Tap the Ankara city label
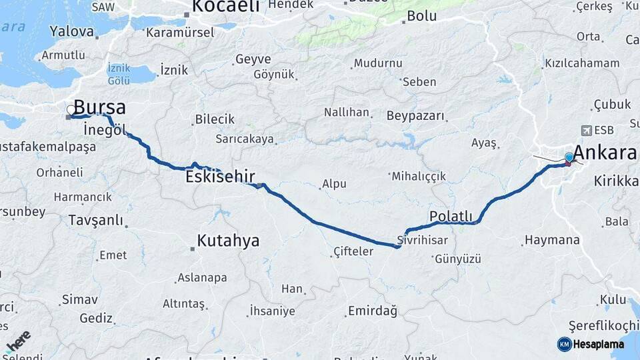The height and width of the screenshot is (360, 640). pyautogui.click(x=605, y=153)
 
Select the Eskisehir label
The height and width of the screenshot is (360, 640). pyautogui.click(x=221, y=177)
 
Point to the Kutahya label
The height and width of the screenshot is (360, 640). pyautogui.click(x=228, y=241)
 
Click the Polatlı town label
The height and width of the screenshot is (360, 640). pyautogui.click(x=451, y=216)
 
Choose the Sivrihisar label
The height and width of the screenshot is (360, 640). pyautogui.click(x=422, y=239)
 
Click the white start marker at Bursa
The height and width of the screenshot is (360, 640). pyautogui.click(x=71, y=109)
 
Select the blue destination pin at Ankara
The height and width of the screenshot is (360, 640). pyautogui.click(x=569, y=158)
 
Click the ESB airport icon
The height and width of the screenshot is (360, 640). pyautogui.click(x=586, y=130)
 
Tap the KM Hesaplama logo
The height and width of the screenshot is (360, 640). pyautogui.click(x=591, y=344)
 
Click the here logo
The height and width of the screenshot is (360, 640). pyautogui.click(x=18, y=340)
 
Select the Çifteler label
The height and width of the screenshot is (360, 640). pyautogui.click(x=353, y=251)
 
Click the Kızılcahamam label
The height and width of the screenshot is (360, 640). pyautogui.click(x=582, y=63)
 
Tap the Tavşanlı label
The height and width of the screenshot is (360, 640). pyautogui.click(x=97, y=220)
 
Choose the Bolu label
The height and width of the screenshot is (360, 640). pyautogui.click(x=421, y=16)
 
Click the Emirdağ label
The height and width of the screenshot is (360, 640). pyautogui.click(x=372, y=311)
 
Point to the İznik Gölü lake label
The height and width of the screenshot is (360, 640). pyautogui.click(x=119, y=74)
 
